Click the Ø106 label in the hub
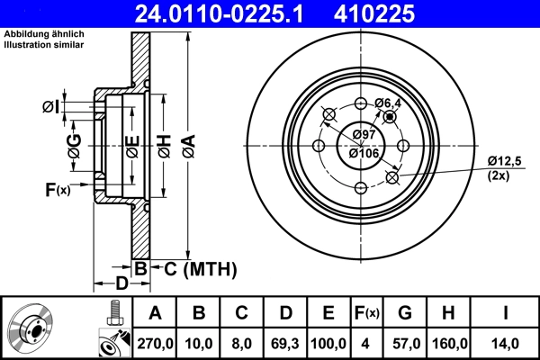tap(363, 152)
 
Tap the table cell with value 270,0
tap(154, 343)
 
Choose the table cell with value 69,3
tap(285, 343)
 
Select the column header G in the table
tap(405, 313)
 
